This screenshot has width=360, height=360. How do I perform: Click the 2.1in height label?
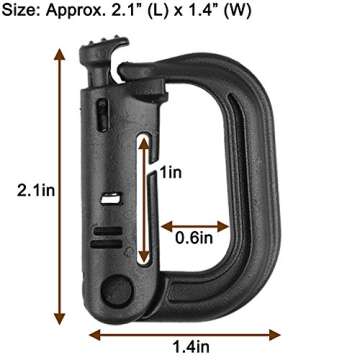[x=25, y=188]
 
